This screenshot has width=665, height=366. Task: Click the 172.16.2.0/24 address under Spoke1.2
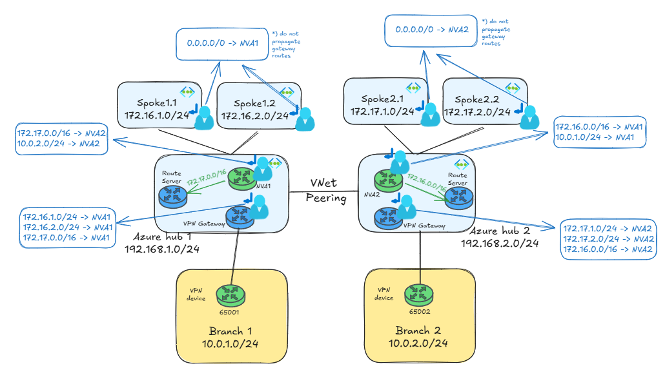pyautogui.click(x=254, y=117)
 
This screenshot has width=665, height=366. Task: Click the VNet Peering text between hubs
pyautogui.click(x=326, y=191)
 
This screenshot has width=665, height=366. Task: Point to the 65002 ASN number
pyautogui.click(x=419, y=311)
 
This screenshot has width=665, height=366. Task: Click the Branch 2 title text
pyautogui.click(x=418, y=331)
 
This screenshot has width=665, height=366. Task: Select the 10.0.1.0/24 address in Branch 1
pyautogui.click(x=230, y=345)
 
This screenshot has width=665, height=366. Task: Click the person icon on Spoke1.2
pyautogui.click(x=303, y=118)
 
